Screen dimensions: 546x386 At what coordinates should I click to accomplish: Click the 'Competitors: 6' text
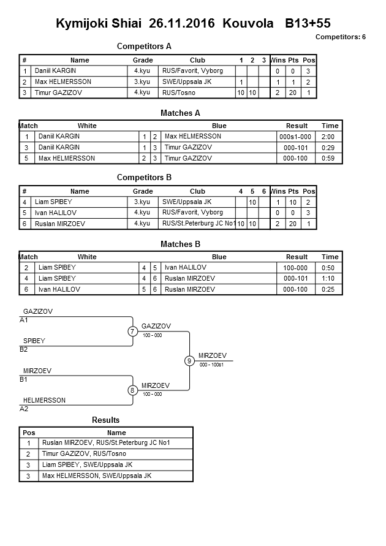tap(340, 37)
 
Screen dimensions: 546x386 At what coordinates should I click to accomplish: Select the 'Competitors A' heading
tap(144, 46)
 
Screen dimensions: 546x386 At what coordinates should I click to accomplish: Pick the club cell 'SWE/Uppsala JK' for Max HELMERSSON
tap(187, 82)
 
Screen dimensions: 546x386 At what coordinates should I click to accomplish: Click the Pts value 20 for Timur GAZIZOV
tap(293, 93)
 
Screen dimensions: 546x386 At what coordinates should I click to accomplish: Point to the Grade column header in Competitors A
tap(143, 60)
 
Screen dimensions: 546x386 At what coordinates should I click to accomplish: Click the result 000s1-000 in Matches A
tap(297, 137)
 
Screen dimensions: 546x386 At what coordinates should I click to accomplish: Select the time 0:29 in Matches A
tap(330, 148)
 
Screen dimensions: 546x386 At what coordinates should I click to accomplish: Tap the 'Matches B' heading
tap(180, 244)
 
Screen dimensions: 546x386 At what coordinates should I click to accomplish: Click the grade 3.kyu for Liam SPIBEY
tap(142, 202)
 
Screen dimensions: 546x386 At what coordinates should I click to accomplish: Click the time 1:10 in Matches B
tap(330, 278)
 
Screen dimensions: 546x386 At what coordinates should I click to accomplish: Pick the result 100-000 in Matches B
tap(297, 268)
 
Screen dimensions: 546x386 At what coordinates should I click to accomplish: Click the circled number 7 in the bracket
tap(132, 332)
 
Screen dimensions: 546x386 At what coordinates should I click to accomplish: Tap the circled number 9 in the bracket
tap(189, 361)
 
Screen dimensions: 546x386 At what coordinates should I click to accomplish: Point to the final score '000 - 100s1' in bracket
tap(211, 365)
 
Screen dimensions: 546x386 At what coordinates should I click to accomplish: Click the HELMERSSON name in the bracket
tap(44, 400)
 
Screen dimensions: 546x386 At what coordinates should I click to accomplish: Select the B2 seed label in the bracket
tap(24, 349)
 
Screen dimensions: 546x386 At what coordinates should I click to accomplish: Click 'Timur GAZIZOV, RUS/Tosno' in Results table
tap(84, 454)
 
